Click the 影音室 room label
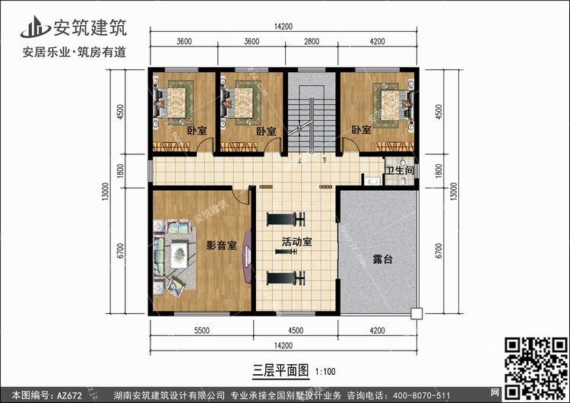tap(221, 246)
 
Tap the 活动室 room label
tap(296, 242)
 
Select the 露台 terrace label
tap(382, 259)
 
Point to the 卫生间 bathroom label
tap(400, 170)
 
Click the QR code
tap(536, 368)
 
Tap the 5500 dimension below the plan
tap(201, 331)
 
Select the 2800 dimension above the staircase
tap(312, 42)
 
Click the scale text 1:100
tap(325, 372)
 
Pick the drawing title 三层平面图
tap(280, 370)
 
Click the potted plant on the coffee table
tap(179, 255)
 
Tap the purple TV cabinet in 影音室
tap(247, 256)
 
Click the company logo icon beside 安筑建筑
tap(35, 27)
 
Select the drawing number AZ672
tap(69, 395)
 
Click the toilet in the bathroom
tap(402, 181)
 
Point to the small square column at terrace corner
tap(416, 313)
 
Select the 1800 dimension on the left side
tap(120, 170)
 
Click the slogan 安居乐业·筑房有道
tap(74, 52)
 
